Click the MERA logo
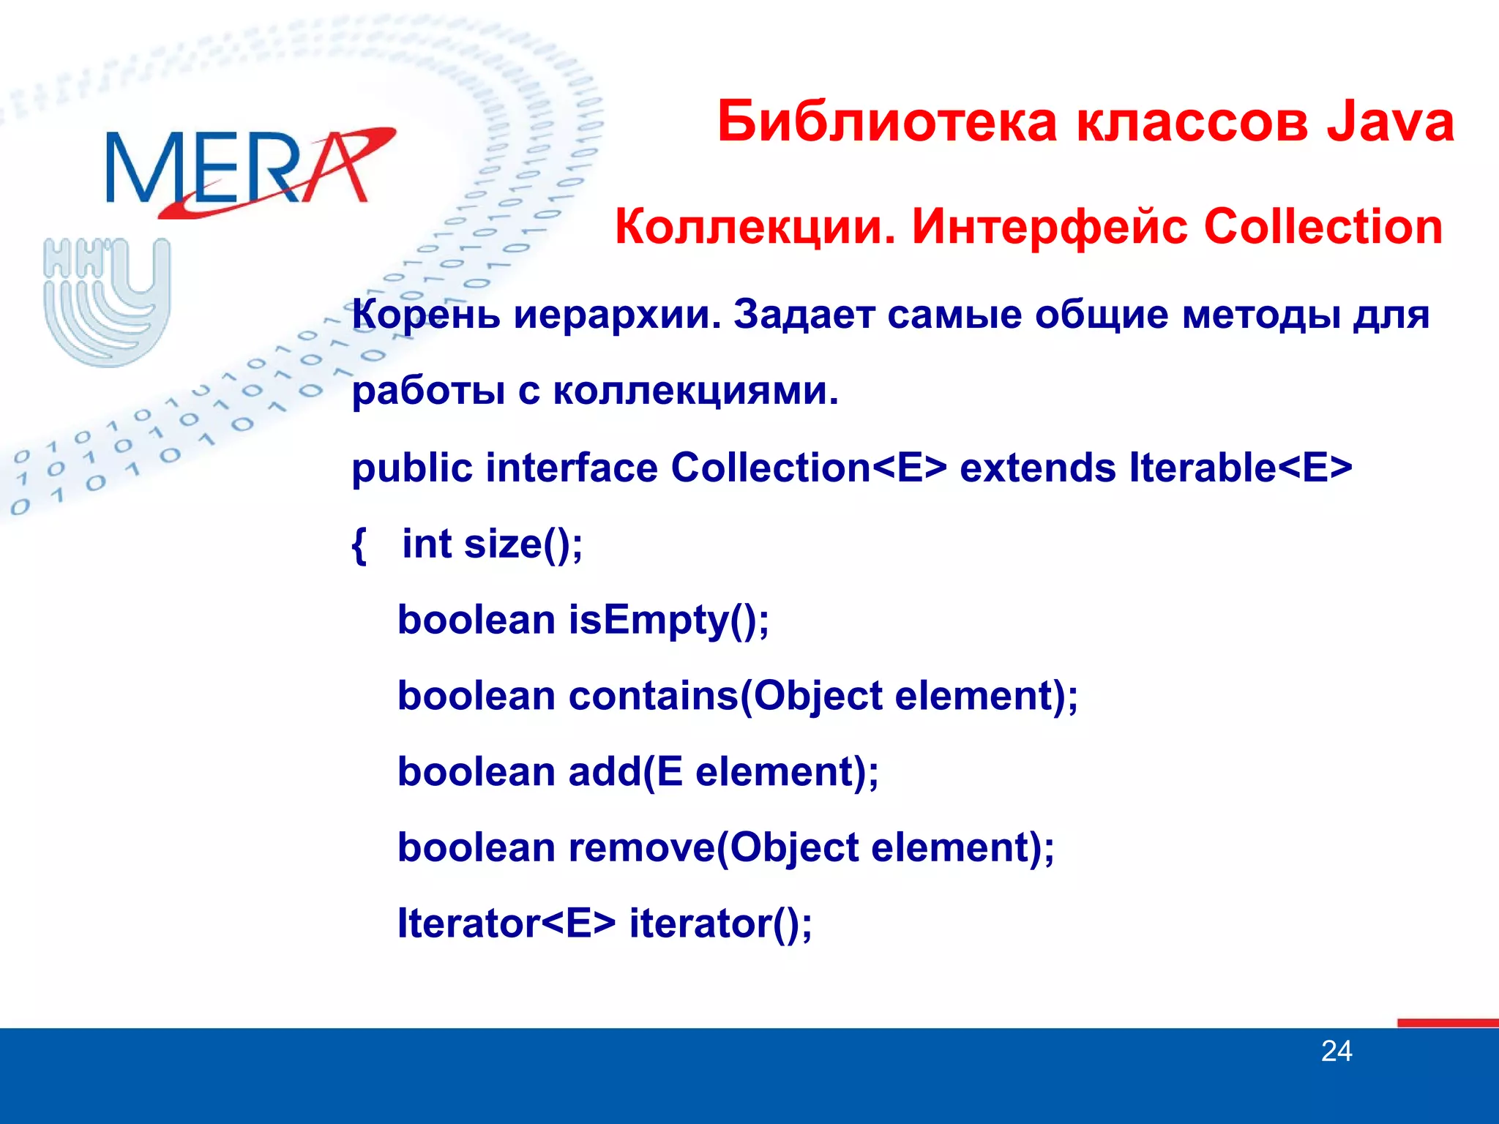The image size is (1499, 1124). [x=249, y=170]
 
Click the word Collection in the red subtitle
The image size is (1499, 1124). [x=1323, y=227]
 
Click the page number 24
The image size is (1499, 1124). [x=1336, y=1052]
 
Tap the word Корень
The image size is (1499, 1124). [x=426, y=315]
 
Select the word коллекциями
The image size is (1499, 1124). [x=695, y=391]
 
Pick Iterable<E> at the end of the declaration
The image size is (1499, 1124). [x=1240, y=468]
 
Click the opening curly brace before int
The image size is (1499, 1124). [x=359, y=545]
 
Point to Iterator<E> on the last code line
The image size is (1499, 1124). [x=506, y=923]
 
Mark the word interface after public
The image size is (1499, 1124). [x=571, y=468]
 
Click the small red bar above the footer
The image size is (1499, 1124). [x=1447, y=1022]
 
